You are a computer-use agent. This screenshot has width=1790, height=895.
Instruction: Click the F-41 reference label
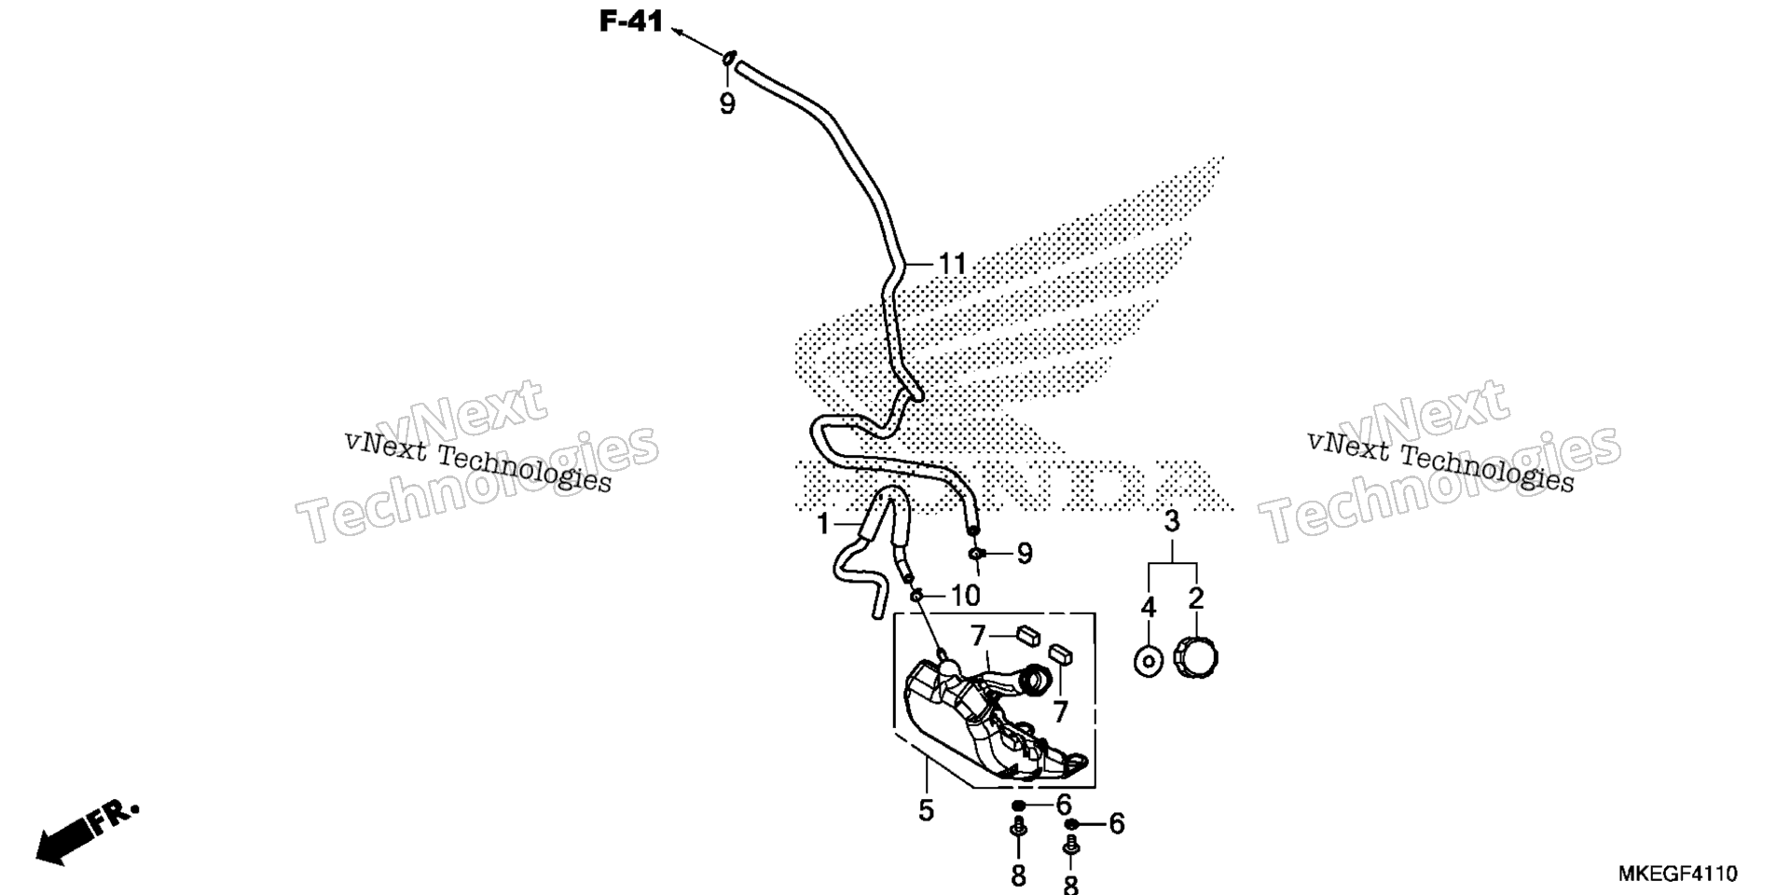630,21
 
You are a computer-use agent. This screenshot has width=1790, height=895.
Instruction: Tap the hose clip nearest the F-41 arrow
729,59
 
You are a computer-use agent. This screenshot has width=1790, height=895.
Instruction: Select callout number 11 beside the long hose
952,265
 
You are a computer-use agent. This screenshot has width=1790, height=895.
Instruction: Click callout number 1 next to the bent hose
822,525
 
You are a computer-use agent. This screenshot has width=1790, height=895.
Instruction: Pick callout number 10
965,595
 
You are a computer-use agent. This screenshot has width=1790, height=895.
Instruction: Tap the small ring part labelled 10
917,595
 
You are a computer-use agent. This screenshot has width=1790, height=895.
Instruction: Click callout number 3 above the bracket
1172,522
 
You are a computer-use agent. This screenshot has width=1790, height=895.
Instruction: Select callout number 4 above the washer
1148,608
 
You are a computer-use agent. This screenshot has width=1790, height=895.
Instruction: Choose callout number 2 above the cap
1196,599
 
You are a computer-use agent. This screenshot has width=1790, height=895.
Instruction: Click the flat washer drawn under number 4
1149,662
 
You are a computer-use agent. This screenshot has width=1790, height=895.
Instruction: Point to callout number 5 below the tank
925,810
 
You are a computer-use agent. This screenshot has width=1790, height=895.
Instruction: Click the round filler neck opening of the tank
1037,681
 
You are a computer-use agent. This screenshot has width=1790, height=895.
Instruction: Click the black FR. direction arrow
86,833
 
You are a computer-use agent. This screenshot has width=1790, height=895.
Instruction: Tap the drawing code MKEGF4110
1677,874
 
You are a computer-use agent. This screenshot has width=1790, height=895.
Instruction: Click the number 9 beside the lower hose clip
1025,554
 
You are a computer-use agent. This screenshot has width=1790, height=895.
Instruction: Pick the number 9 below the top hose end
727,103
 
